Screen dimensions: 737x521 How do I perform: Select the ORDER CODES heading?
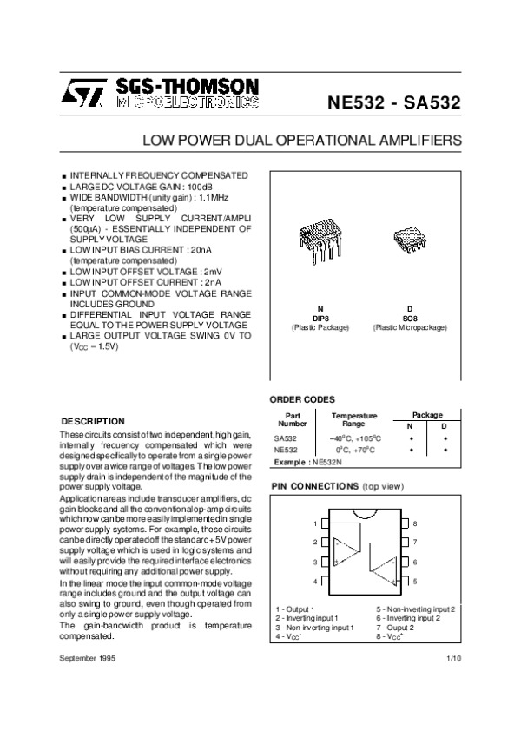point(302,398)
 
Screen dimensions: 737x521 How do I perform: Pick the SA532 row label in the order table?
point(286,438)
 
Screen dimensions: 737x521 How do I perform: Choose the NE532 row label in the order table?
point(286,451)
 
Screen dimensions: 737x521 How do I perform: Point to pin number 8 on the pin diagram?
point(415,524)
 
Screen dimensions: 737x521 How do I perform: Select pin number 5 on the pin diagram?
point(415,581)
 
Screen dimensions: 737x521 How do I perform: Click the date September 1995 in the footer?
point(89,660)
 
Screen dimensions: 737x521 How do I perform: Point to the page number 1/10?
point(452,660)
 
